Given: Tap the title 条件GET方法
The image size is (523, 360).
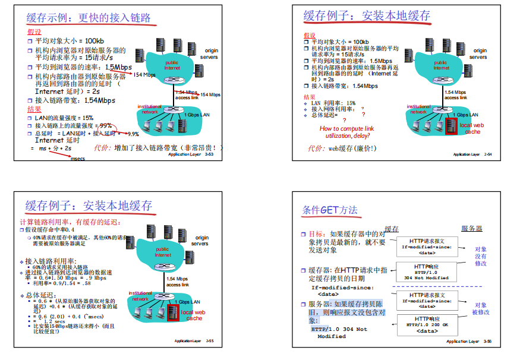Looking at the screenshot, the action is [x=330, y=210].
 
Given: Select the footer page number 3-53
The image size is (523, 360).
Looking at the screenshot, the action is [x=209, y=154].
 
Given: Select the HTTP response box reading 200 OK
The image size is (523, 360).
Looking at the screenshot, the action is [x=427, y=324].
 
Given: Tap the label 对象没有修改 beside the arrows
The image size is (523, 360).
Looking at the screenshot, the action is [x=480, y=256].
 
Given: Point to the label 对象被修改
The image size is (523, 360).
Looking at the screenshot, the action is [x=480, y=308].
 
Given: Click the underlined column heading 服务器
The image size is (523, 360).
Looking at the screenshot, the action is [x=471, y=229].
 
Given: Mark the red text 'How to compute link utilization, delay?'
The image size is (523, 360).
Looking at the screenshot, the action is [x=346, y=132].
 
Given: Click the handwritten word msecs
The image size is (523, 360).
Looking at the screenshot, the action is [x=78, y=159].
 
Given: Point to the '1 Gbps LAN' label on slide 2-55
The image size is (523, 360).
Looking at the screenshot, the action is [x=187, y=302].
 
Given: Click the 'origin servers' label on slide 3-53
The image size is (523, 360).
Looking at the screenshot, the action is [x=212, y=53].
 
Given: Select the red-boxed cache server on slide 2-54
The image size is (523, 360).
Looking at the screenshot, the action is [x=450, y=126].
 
